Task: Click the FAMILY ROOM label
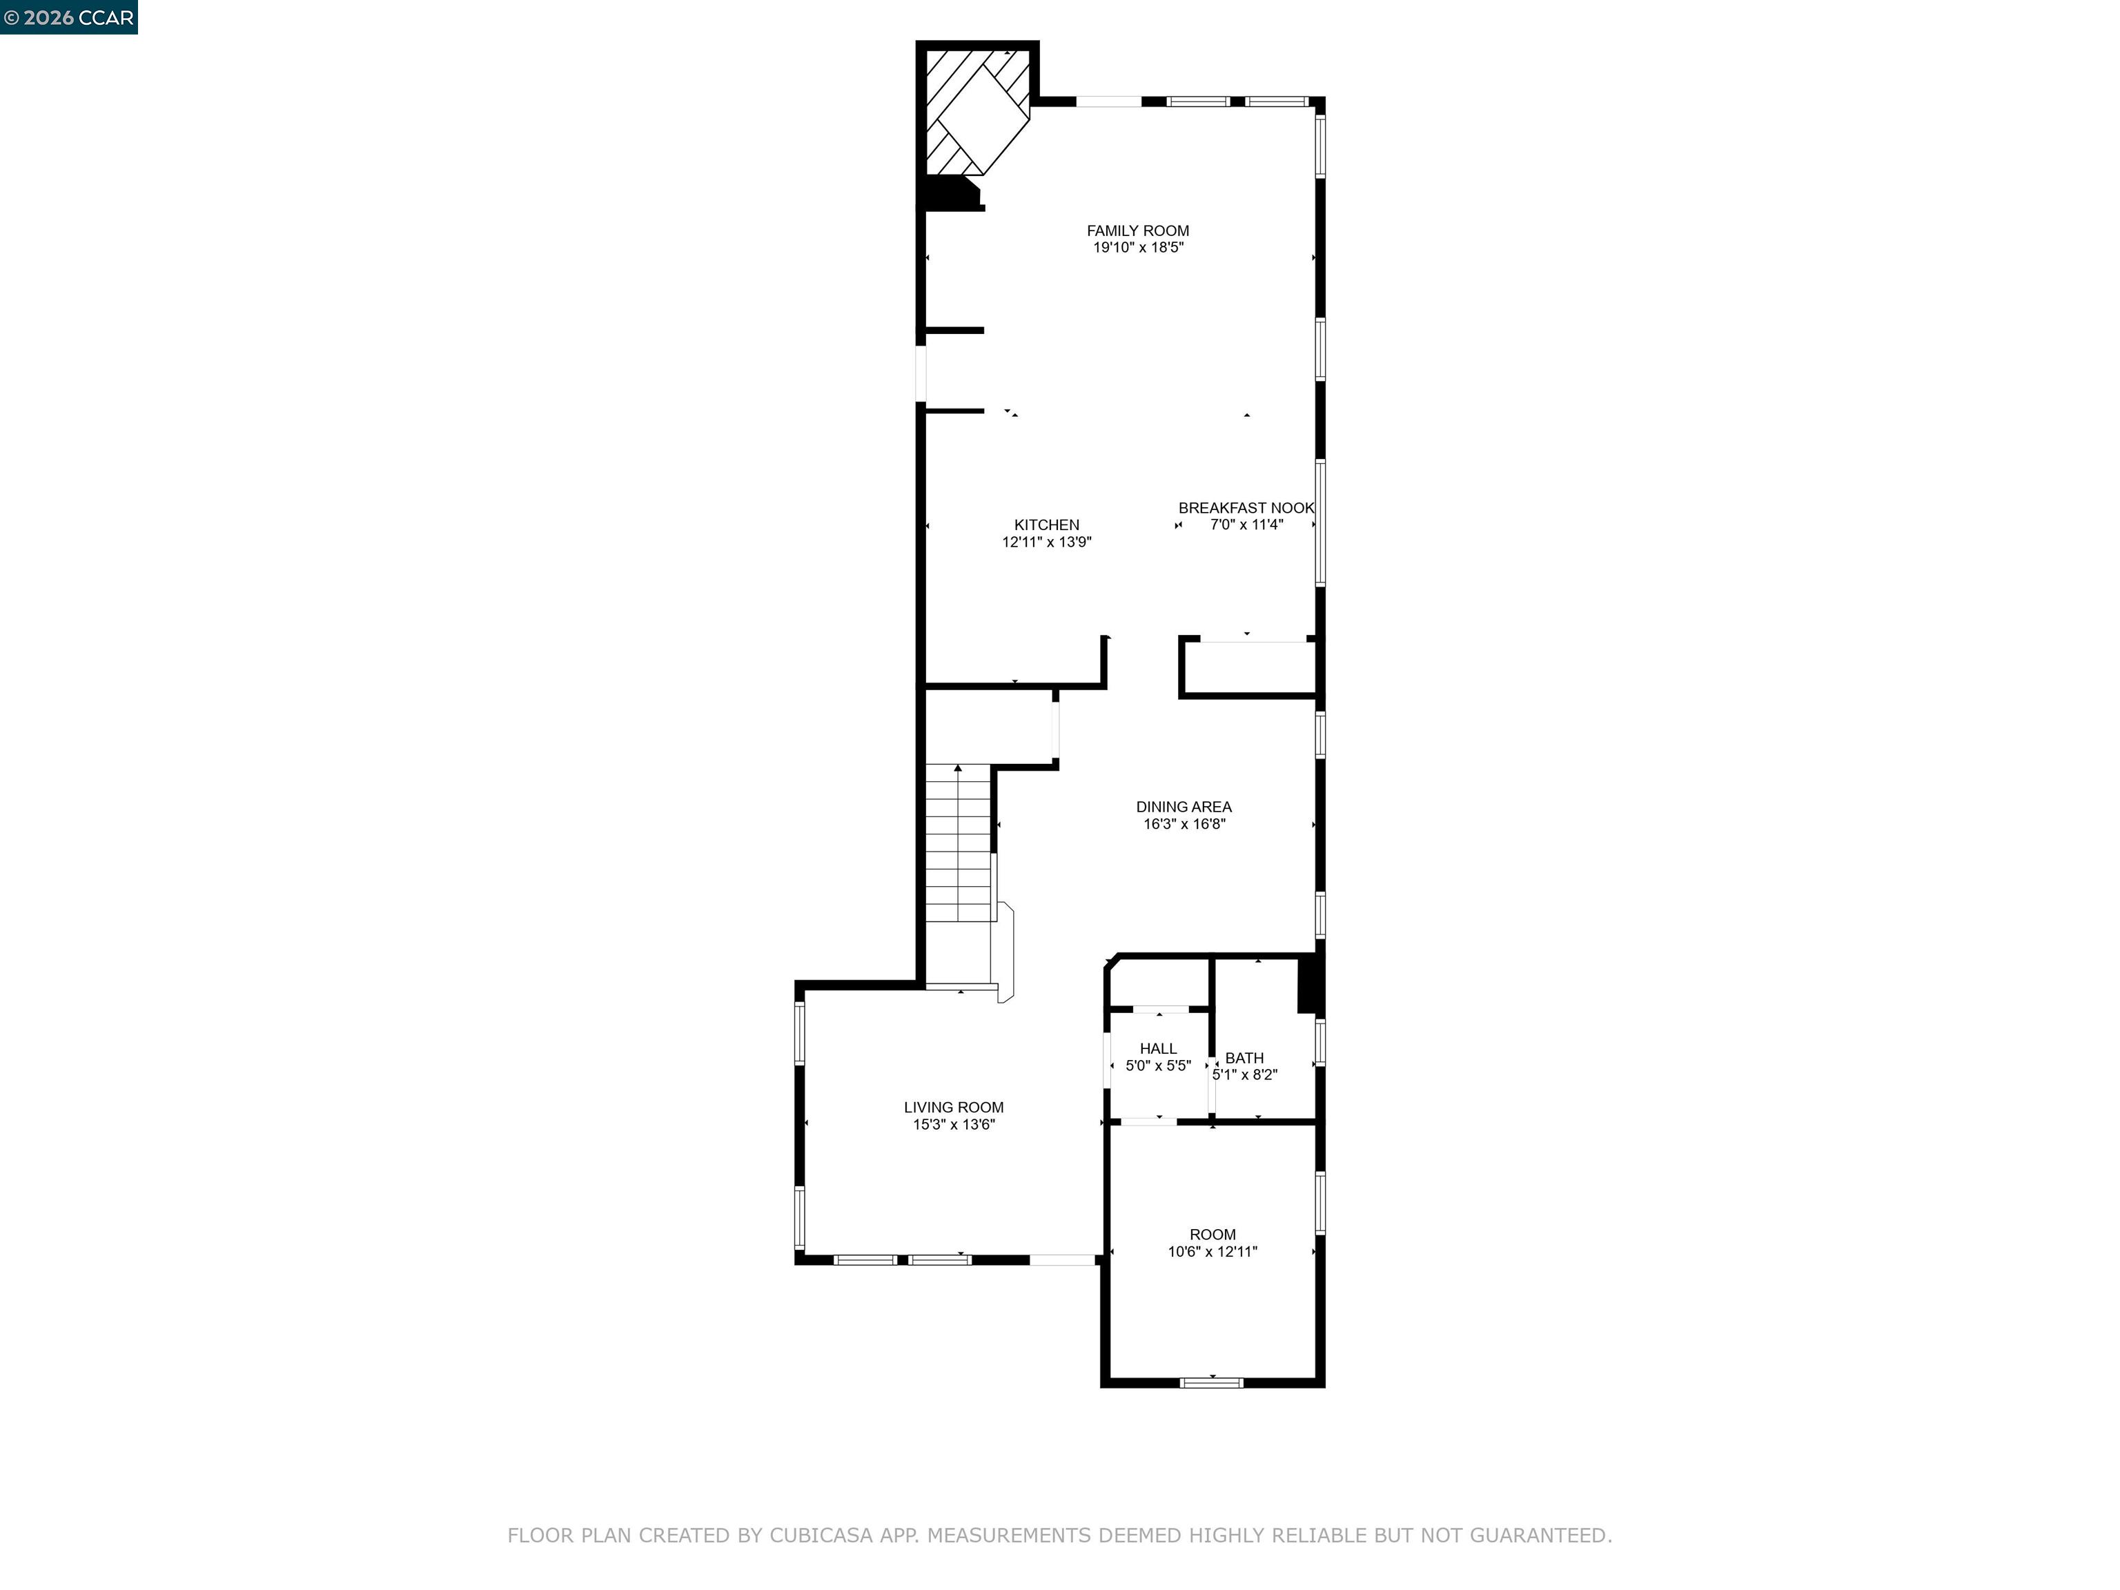coord(1137,230)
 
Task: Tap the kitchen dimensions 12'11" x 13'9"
coord(1047,542)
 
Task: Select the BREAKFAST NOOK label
coord(1245,508)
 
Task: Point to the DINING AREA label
coord(1184,807)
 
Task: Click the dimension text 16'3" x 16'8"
coord(1184,824)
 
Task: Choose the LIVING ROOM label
coord(954,1107)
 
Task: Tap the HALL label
coord(1158,1048)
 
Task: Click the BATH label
coord(1244,1058)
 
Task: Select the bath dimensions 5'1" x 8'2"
coord(1244,1075)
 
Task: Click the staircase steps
coord(957,843)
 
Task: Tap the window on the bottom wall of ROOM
coord(1211,1382)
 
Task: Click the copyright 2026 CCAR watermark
coord(69,17)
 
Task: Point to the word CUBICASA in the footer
coord(821,1535)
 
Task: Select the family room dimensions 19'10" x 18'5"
coord(1137,247)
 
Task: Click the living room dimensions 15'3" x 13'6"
coord(954,1125)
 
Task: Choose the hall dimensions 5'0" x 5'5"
coord(1158,1066)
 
